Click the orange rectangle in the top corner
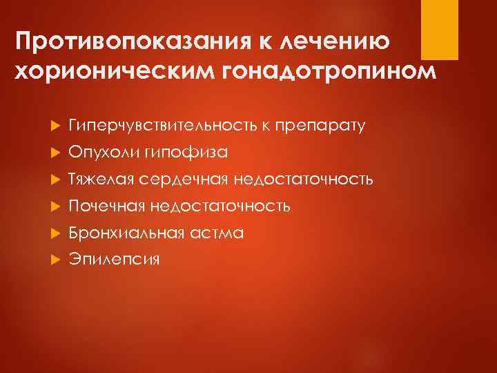[x=440, y=29]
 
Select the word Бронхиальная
[x=126, y=233]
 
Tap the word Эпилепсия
[x=114, y=260]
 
